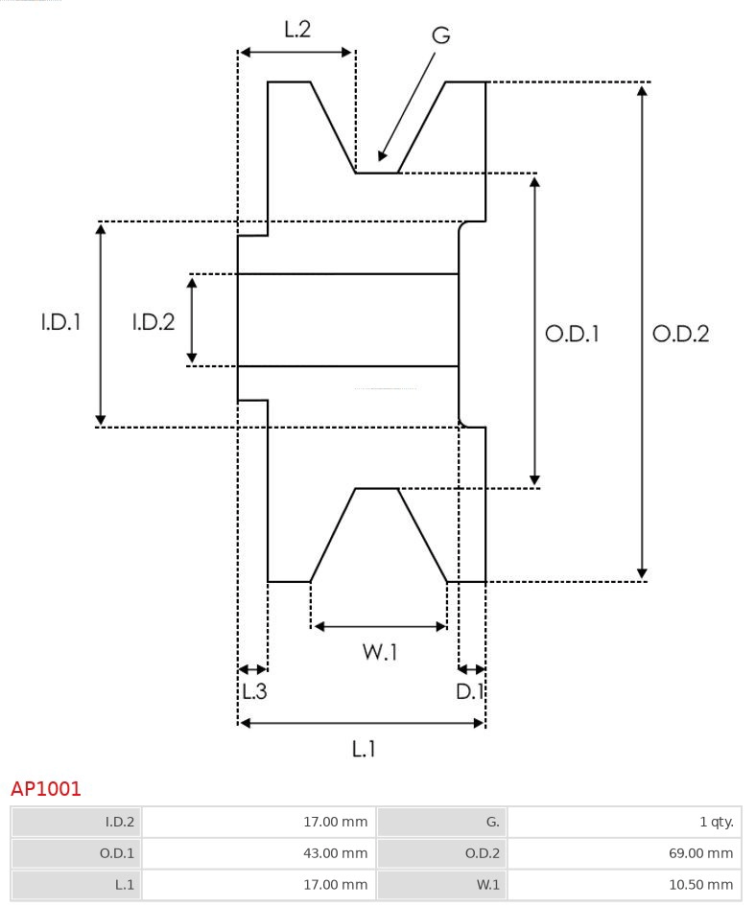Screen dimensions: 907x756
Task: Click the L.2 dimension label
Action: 297,29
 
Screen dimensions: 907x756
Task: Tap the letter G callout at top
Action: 440,35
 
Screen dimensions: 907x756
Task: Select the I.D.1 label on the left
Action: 60,322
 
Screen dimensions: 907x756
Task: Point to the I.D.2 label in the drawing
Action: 154,322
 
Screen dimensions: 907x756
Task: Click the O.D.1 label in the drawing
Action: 573,334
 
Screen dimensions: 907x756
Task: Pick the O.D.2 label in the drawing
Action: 680,334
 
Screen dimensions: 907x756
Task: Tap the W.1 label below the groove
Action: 380,652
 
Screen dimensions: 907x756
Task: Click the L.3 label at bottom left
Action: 253,690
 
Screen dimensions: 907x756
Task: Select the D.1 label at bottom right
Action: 470,690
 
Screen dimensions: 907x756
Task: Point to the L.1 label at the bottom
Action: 363,748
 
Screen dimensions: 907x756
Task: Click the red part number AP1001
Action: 46,789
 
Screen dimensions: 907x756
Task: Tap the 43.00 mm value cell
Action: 259,852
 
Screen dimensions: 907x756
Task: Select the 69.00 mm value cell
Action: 625,852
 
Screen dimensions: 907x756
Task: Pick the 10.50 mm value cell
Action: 625,884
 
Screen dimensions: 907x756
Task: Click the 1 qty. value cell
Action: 625,822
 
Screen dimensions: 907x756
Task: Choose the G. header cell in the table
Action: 442,822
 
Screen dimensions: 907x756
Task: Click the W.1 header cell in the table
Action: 442,884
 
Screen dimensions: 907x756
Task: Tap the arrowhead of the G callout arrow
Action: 383,155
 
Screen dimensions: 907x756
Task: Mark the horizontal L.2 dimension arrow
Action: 297,52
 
